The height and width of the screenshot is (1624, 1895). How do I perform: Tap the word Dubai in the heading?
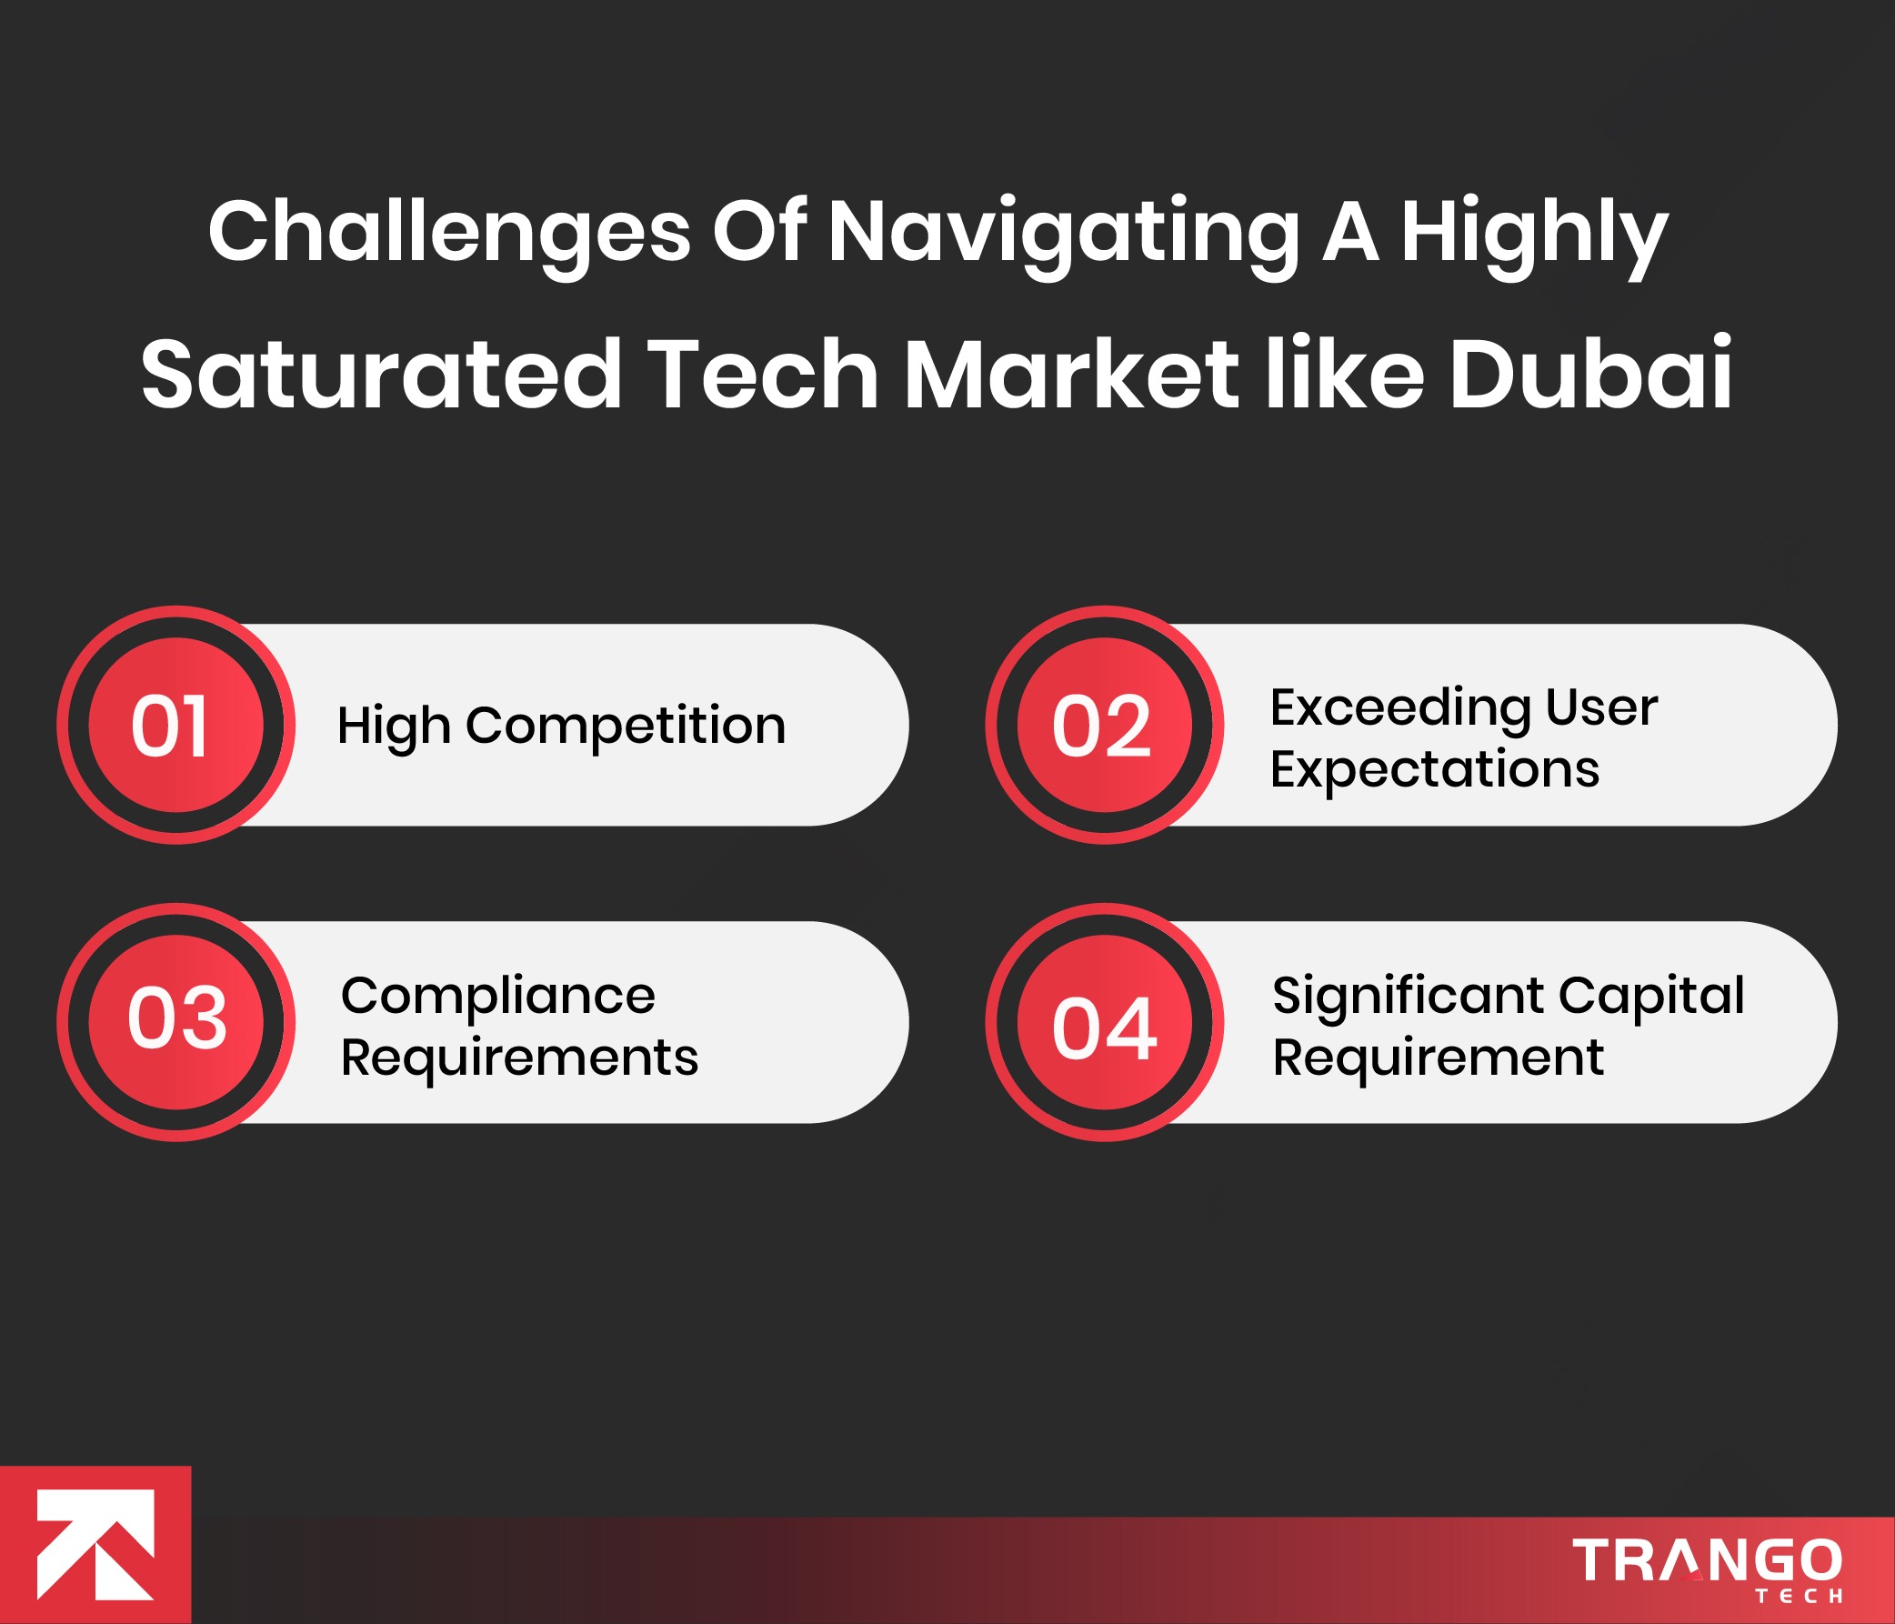click(x=1590, y=374)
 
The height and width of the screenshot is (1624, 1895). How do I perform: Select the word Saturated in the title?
click(x=381, y=374)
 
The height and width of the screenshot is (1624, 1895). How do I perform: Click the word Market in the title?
click(x=1071, y=374)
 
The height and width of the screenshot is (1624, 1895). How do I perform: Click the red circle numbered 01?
click(x=175, y=725)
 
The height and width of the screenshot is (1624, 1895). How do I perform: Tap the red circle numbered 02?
click(x=1104, y=725)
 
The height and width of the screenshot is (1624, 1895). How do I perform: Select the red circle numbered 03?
click(x=175, y=1021)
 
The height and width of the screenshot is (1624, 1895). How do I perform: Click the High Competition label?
click(x=562, y=727)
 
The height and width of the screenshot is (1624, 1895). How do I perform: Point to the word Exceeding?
click(x=1399, y=707)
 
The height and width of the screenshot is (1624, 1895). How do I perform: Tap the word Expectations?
click(x=1434, y=769)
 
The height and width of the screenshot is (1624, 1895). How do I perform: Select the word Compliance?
click(x=497, y=996)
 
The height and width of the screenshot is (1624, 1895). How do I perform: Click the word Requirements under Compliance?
click(x=518, y=1058)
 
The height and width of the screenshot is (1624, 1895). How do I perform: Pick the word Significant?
click(x=1407, y=996)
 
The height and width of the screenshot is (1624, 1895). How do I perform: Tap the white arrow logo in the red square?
click(x=95, y=1546)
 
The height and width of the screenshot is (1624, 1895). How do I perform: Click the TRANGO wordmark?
click(x=1707, y=1560)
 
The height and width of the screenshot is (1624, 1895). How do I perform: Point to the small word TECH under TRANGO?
click(x=1798, y=1597)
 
